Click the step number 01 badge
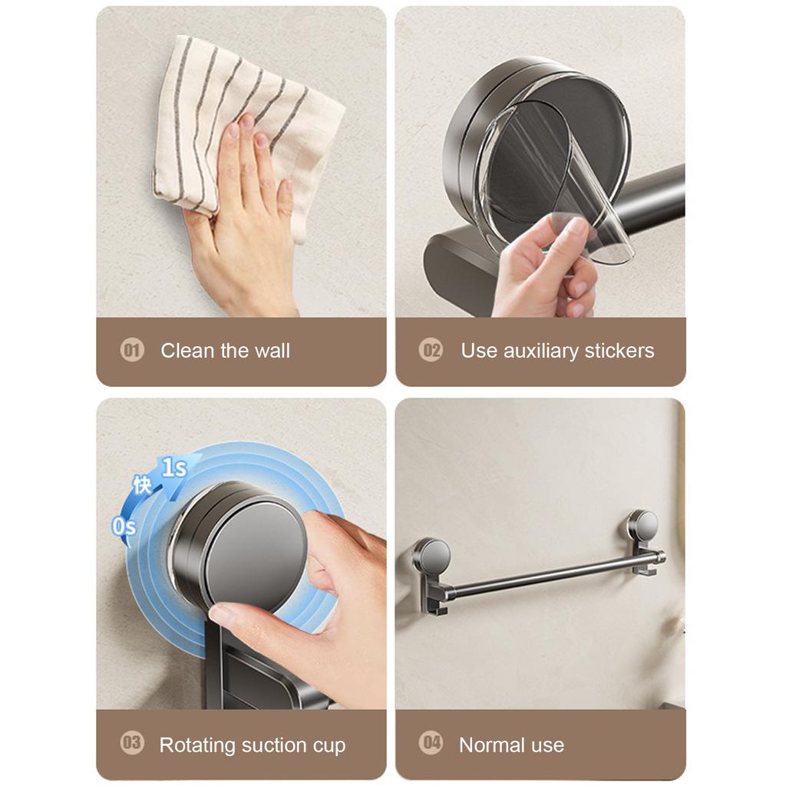pyautogui.click(x=132, y=351)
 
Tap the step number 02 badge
pyautogui.click(x=431, y=351)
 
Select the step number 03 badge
pyautogui.click(x=132, y=743)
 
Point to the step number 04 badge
pyautogui.click(x=431, y=743)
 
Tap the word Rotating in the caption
pyautogui.click(x=197, y=745)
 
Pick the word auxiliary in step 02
pyautogui.click(x=540, y=351)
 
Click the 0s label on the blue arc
pyautogui.click(x=124, y=527)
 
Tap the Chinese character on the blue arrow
pyautogui.click(x=142, y=485)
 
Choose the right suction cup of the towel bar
pyautogui.click(x=642, y=525)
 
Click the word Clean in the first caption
pyautogui.click(x=187, y=351)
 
